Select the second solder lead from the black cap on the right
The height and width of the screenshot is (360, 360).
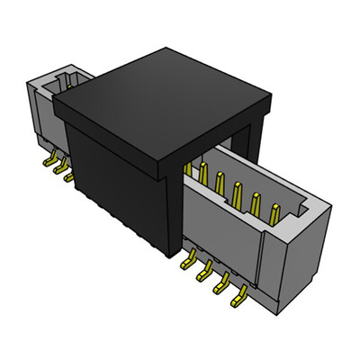(x=205, y=271)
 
